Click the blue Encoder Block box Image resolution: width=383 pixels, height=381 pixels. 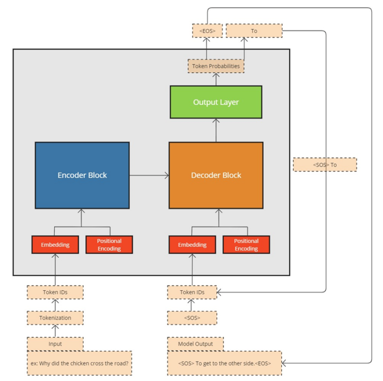[x=82, y=175]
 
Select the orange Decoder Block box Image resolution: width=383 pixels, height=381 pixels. [x=216, y=175]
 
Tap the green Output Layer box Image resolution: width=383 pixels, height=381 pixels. [x=216, y=102]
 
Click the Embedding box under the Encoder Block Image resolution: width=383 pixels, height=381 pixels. [x=55, y=245]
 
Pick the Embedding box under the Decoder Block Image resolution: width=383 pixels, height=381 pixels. [x=192, y=245]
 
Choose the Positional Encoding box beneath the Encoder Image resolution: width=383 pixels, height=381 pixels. [x=109, y=245]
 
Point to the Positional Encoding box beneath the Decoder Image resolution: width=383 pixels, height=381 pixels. [x=246, y=245]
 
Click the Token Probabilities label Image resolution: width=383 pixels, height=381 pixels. [x=216, y=66]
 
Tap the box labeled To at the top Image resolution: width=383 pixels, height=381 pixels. [x=254, y=31]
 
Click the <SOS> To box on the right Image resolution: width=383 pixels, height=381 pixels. [x=325, y=165]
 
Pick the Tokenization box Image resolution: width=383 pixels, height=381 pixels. [x=55, y=318]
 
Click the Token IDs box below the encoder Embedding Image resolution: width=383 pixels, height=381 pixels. [x=55, y=292]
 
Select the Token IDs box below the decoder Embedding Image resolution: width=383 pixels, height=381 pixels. [x=192, y=292]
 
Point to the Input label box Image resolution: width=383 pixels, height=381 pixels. [x=55, y=344]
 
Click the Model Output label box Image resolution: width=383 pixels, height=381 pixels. [x=195, y=344]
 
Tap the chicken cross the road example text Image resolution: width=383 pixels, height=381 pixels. [x=79, y=363]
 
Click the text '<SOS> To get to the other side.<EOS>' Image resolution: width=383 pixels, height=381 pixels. [x=224, y=363]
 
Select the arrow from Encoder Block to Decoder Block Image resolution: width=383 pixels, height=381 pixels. [x=149, y=175]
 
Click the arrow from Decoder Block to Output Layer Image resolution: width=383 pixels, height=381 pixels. [x=216, y=130]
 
